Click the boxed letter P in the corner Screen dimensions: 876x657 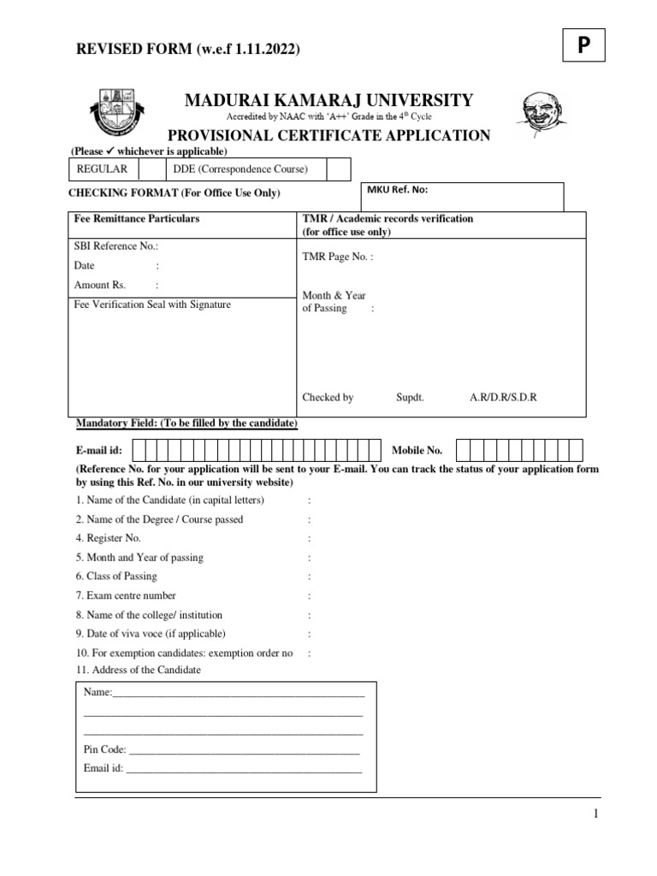pyautogui.click(x=583, y=46)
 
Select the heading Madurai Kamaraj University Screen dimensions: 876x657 pyautogui.click(x=328, y=101)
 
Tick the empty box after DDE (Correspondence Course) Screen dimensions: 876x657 pyautogui.click(x=339, y=169)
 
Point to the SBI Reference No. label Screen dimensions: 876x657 pyautogui.click(x=116, y=246)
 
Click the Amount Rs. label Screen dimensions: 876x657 pyautogui.click(x=92, y=285)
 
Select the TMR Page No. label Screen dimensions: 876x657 pyautogui.click(x=337, y=256)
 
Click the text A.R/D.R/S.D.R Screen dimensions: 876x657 pyautogui.click(x=503, y=398)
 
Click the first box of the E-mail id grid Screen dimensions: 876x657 pyautogui.click(x=139, y=450)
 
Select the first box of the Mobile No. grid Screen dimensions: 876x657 pyautogui.click(x=463, y=450)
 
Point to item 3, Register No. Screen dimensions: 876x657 pyautogui.click(x=108, y=538)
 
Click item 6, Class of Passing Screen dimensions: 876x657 pyautogui.click(x=116, y=576)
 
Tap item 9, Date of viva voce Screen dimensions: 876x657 pyautogui.click(x=151, y=634)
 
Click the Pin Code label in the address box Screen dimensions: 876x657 pyautogui.click(x=104, y=749)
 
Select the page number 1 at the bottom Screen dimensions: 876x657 pyautogui.click(x=596, y=814)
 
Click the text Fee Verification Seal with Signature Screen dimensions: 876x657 pyautogui.click(x=152, y=305)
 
